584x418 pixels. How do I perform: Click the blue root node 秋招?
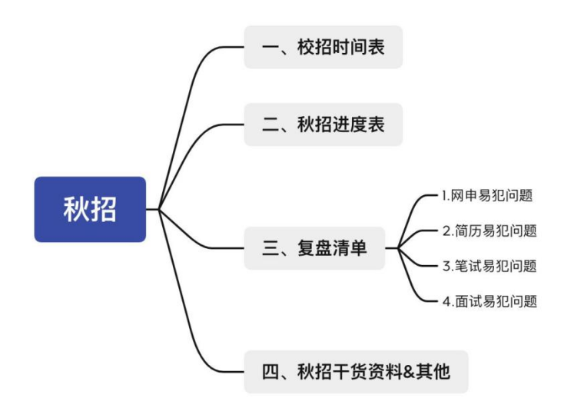click(90, 209)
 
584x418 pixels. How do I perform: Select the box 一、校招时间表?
click(324, 47)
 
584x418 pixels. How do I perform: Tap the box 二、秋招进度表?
click(324, 124)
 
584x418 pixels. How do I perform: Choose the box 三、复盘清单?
click(314, 248)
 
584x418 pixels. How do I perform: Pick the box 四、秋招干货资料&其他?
click(356, 372)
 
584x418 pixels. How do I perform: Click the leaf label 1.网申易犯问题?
click(487, 195)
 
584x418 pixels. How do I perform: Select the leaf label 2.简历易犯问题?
click(489, 231)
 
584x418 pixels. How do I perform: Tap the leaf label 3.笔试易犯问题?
click(489, 266)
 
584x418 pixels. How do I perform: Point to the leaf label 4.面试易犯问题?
click(489, 301)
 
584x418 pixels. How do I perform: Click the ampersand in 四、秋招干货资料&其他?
click(409, 372)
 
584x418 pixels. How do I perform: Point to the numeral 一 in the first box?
click(270, 47)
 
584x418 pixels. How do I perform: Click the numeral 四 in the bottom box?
click(270, 372)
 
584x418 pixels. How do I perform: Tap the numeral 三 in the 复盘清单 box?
click(270, 248)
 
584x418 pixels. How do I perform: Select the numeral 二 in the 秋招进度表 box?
click(270, 124)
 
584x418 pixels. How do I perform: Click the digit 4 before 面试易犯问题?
click(446, 301)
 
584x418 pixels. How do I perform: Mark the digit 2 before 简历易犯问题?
click(446, 231)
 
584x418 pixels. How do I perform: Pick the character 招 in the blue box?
click(104, 209)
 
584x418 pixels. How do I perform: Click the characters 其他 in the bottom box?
click(433, 372)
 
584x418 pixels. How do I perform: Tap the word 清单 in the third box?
click(350, 248)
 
